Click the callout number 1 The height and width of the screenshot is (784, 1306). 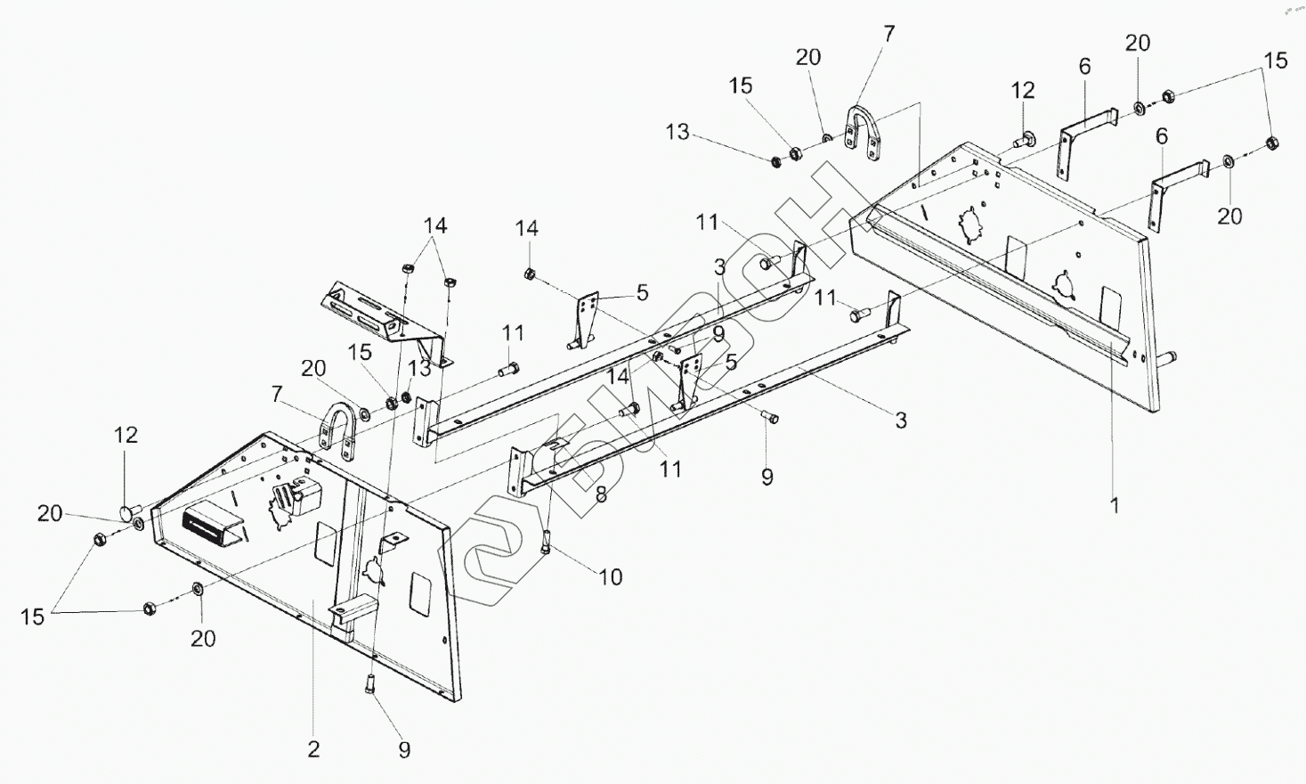pyautogui.click(x=1114, y=505)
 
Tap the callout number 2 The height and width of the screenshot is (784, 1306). pyautogui.click(x=312, y=748)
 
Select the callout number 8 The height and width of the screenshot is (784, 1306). pyautogui.click(x=602, y=494)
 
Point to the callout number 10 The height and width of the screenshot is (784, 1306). pyautogui.click(x=610, y=576)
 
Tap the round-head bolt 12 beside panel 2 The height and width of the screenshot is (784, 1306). pyautogui.click(x=129, y=512)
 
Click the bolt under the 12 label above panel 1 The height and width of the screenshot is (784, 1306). pyautogui.click(x=1023, y=139)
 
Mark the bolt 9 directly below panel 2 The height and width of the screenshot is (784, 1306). pyautogui.click(x=370, y=684)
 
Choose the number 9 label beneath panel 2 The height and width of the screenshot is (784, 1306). pyautogui.click(x=404, y=750)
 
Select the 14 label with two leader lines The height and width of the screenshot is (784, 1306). pyautogui.click(x=434, y=225)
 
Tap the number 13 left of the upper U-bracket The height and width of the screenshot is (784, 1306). pyautogui.click(x=677, y=133)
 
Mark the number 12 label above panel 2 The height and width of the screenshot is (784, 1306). pyautogui.click(x=126, y=434)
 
